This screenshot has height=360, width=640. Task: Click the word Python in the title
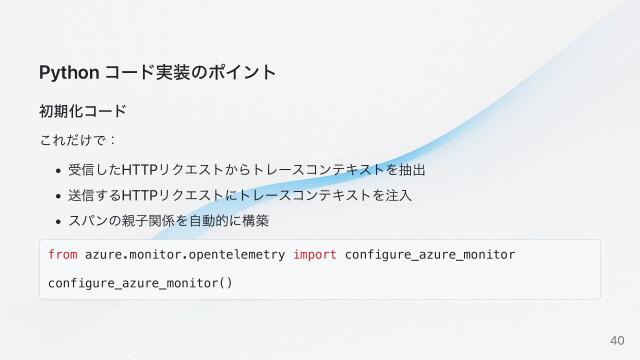coord(68,73)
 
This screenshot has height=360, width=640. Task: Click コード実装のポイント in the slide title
coord(190,73)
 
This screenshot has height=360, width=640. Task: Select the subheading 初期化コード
coord(82,110)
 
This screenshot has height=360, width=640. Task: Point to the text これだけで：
coord(79,140)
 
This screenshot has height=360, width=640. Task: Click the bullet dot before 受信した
coord(59,169)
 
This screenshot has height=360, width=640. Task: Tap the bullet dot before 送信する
coord(59,195)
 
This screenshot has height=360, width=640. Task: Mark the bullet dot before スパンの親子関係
coord(59,221)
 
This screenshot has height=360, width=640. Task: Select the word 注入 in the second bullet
coord(398,195)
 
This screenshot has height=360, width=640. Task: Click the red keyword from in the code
coord(62,255)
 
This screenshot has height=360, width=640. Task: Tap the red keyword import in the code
coord(314,255)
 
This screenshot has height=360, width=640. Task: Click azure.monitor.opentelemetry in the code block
coord(185,255)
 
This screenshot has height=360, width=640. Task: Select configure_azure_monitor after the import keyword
coord(430,255)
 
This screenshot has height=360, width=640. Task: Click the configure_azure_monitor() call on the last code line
coord(140,283)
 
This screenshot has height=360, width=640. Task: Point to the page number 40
coord(617,341)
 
